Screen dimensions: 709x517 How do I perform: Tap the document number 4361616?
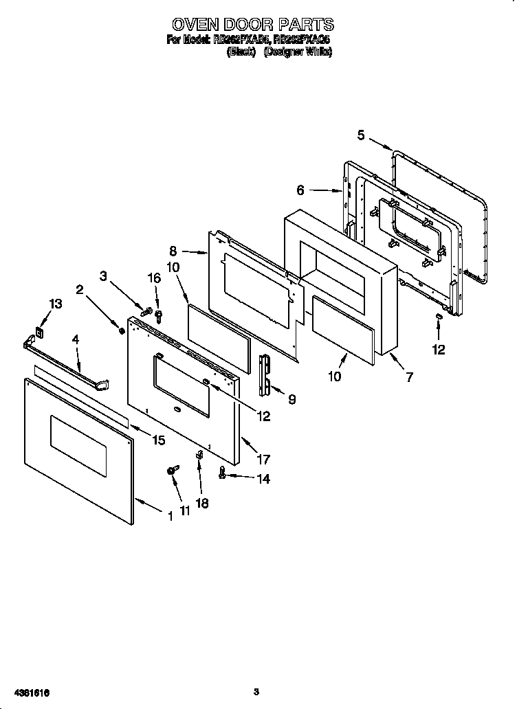point(30,691)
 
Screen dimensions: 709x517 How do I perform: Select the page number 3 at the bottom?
point(256,691)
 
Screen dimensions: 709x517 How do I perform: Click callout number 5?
point(362,135)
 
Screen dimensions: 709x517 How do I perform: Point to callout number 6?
point(300,189)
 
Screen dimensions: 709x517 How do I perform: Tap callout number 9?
point(292,399)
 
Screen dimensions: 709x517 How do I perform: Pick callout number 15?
point(159,440)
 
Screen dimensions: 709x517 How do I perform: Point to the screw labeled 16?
point(158,315)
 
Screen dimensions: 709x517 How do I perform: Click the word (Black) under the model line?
point(241,52)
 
